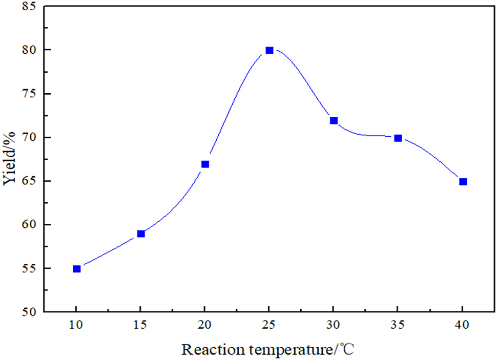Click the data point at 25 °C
point(270,50)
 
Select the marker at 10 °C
point(77,269)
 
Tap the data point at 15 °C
point(141,234)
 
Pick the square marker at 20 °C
point(205,164)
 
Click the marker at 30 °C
point(334,120)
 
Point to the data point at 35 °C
point(398,138)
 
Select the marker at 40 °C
point(463,181)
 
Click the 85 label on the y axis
point(29,7)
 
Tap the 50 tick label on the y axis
point(29,312)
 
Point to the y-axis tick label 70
point(29,137)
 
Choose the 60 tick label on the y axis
point(29,225)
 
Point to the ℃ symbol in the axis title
point(348,350)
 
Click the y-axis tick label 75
point(29,94)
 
